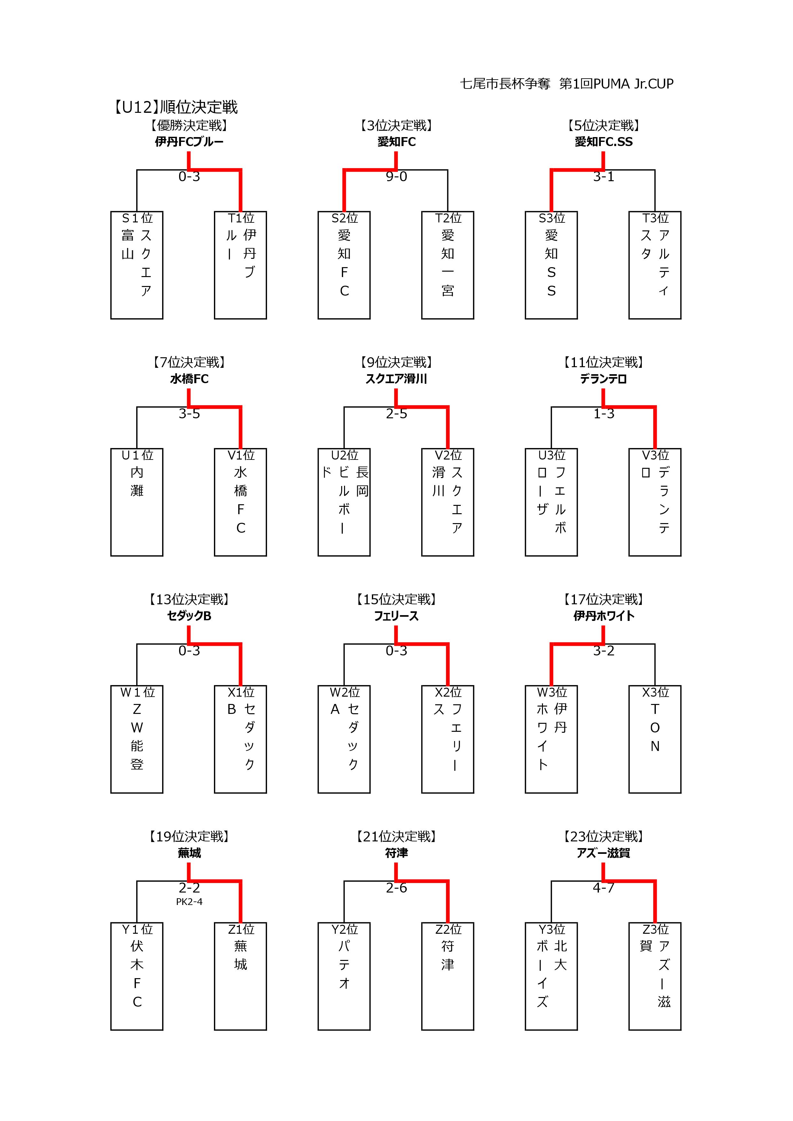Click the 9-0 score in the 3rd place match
click(x=396, y=177)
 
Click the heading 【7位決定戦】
click(x=189, y=362)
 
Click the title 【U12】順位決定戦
click(x=175, y=107)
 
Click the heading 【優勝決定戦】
click(x=189, y=126)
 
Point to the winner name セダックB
click(x=189, y=616)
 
